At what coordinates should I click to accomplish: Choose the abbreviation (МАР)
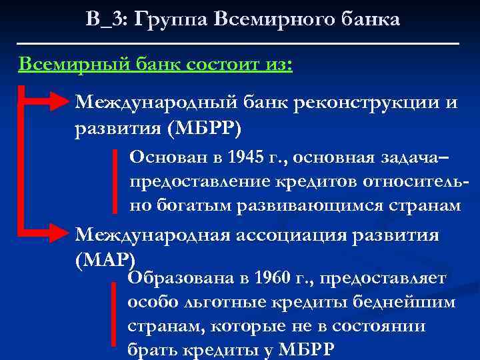(x=105, y=259)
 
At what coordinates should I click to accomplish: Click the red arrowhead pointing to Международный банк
(x=60, y=102)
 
